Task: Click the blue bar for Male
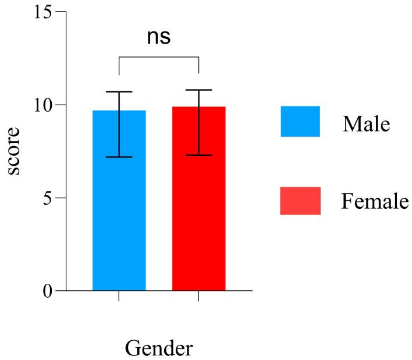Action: [x=119, y=221]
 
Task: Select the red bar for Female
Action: [x=198, y=221]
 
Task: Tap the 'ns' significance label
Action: [x=158, y=37]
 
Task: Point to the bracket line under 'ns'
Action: [x=159, y=57]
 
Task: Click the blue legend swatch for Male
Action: [x=300, y=121]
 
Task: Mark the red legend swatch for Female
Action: [x=300, y=201]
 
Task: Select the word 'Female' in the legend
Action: [x=375, y=202]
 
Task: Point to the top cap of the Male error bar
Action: [x=119, y=92]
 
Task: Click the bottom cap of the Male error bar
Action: [x=119, y=157]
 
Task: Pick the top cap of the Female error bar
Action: [x=198, y=90]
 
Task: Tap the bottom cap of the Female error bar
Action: [x=198, y=155]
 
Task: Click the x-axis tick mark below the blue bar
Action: [x=119, y=296]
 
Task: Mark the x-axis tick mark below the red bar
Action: [x=198, y=296]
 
